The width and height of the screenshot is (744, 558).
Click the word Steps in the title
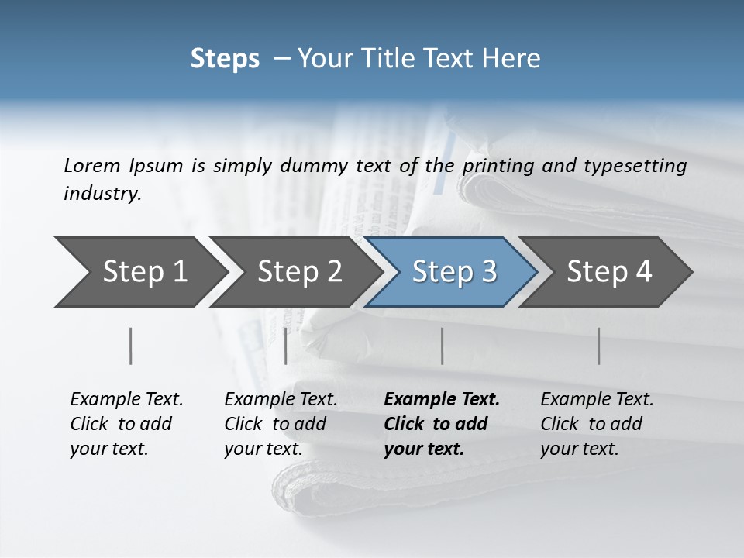pyautogui.click(x=225, y=59)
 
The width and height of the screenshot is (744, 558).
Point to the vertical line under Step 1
pyautogui.click(x=130, y=346)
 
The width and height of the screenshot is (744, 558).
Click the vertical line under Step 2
pyautogui.click(x=286, y=346)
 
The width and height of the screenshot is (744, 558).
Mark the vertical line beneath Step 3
pyautogui.click(x=442, y=346)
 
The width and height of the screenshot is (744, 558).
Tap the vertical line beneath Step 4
pyautogui.click(x=598, y=346)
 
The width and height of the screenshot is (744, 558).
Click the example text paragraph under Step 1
pyautogui.click(x=126, y=424)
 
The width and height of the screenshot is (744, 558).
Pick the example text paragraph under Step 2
pyautogui.click(x=280, y=424)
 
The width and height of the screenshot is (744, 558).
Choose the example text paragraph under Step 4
pyautogui.click(x=596, y=424)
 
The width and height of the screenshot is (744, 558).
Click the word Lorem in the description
pyautogui.click(x=91, y=165)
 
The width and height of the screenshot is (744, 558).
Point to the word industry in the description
pyautogui.click(x=102, y=194)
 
